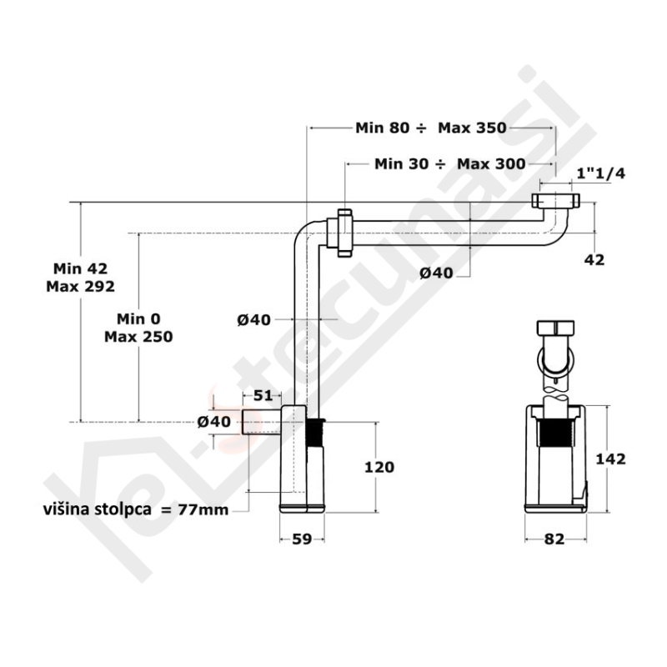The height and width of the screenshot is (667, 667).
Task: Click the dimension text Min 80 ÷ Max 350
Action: coord(430,128)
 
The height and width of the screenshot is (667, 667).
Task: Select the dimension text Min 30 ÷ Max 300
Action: coord(450,163)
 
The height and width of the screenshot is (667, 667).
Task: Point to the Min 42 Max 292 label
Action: coord(81,277)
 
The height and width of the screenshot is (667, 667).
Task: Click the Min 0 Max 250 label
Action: coord(138,328)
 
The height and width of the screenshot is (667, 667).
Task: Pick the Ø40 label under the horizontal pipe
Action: coord(436,273)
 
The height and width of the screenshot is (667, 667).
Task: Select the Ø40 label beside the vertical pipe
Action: coord(254,318)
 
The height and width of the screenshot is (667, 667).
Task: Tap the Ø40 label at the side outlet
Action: coord(214,422)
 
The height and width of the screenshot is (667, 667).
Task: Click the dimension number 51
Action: coord(263,395)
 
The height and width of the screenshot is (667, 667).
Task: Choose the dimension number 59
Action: coord(302,539)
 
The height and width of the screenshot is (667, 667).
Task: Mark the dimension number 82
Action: coord(554,539)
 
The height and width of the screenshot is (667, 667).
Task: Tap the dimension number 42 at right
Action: coord(594,259)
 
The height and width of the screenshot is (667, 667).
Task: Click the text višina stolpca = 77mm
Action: coord(136,509)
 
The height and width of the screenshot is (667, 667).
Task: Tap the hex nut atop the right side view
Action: coord(556,327)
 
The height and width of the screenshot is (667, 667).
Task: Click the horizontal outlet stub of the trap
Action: coord(261,422)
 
